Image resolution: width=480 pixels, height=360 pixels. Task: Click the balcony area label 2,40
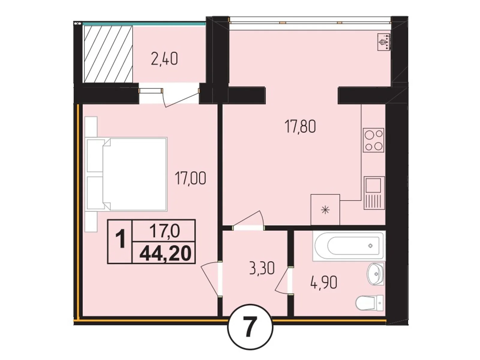pyautogui.click(x=164, y=59)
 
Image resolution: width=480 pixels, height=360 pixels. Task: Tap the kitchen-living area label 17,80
pyautogui.click(x=300, y=127)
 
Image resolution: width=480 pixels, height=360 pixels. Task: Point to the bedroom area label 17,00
pyautogui.click(x=190, y=179)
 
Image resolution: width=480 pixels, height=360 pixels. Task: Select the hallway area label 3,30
pyautogui.click(x=262, y=269)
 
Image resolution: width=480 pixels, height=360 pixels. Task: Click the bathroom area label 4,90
pyautogui.click(x=324, y=282)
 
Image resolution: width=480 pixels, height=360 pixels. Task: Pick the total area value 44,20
pyautogui.click(x=165, y=253)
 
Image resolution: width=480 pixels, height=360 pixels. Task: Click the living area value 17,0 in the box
pyautogui.click(x=164, y=231)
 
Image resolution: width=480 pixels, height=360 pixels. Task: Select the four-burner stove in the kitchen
pyautogui.click(x=373, y=140)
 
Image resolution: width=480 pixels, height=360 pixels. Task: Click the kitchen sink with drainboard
pyautogui.click(x=374, y=192)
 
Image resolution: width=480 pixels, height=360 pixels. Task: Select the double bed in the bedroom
pyautogui.click(x=126, y=174)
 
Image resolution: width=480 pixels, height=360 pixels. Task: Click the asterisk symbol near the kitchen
pyautogui.click(x=325, y=210)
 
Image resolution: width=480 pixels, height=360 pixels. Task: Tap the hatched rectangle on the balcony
pyautogui.click(x=108, y=54)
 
